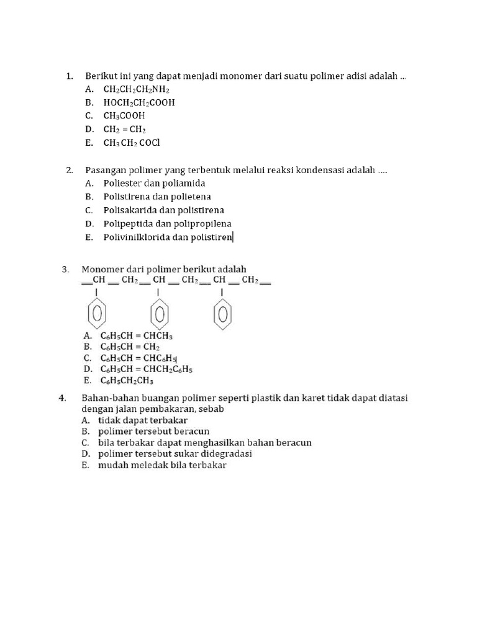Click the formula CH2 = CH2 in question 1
click(x=124, y=130)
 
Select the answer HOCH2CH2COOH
click(x=139, y=103)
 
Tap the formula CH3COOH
click(x=124, y=116)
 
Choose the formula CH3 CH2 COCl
click(x=132, y=143)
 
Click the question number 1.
click(x=70, y=76)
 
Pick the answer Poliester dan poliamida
click(x=154, y=184)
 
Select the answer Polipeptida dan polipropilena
click(x=167, y=224)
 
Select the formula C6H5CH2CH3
click(x=127, y=381)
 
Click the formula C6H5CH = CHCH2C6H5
click(x=147, y=370)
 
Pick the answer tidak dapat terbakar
click(x=134, y=420)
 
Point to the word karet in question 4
click(x=295, y=398)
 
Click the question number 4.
click(x=63, y=398)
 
